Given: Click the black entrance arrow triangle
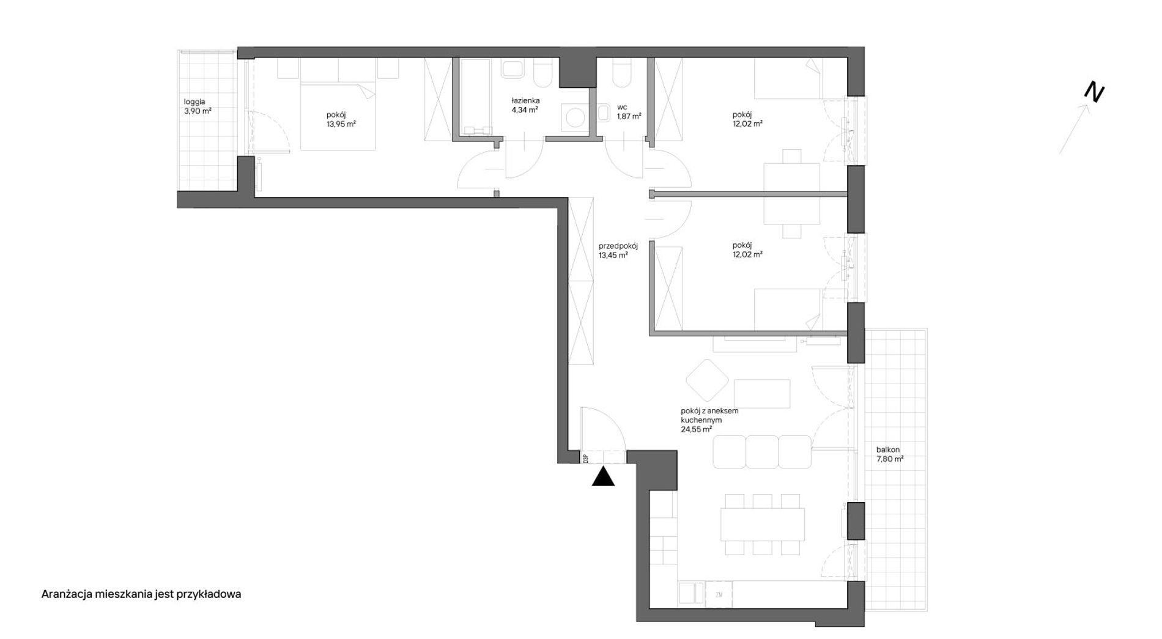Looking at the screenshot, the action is [x=603, y=476].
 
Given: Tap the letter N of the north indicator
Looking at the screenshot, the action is [x=1094, y=93].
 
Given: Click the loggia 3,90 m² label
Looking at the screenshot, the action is [x=198, y=106].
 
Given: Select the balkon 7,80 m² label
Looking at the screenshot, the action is [x=890, y=454].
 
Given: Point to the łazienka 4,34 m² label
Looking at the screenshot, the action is [x=525, y=105].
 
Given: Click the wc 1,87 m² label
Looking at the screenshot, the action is [x=629, y=111].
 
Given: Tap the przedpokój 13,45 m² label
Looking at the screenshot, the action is [x=618, y=251].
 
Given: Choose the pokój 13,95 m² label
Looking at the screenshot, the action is [x=341, y=119].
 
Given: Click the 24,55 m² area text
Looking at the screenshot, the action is [x=696, y=429].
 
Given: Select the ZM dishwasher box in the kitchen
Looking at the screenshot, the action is [x=719, y=594].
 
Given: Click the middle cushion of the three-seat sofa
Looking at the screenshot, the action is [x=762, y=452].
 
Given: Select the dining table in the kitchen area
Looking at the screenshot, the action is [x=762, y=524].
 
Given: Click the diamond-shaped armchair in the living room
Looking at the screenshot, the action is [x=707, y=380].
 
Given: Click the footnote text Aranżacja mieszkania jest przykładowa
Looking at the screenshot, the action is [x=141, y=594].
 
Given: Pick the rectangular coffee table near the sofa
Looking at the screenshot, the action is [x=762, y=394].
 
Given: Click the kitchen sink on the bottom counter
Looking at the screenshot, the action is [x=691, y=593].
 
